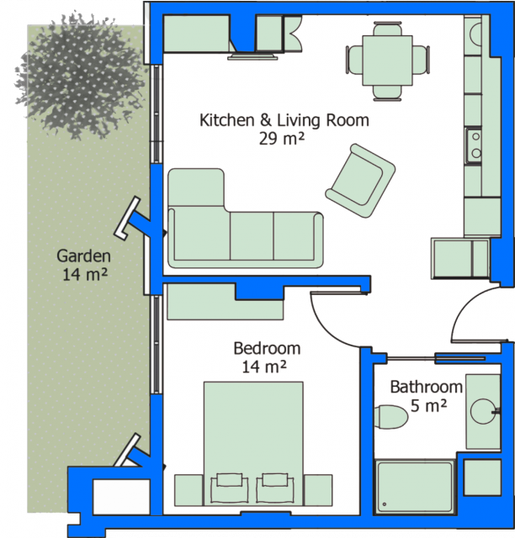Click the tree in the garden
pos(81,76)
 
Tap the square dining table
pos(387,61)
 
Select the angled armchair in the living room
pos(360,181)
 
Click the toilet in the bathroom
pos(390,417)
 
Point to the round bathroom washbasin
pos(483,411)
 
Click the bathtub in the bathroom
pos(414,487)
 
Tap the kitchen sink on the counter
pos(474,145)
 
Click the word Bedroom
pos(267,348)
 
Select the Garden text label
pos(83,256)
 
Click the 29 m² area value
pos(282,139)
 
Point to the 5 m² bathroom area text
pos(429,405)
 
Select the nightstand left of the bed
pos(189,490)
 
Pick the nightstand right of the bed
pos(318,490)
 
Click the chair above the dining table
pos(387,29)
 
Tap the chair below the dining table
pos(387,93)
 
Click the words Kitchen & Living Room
pos(284,120)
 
